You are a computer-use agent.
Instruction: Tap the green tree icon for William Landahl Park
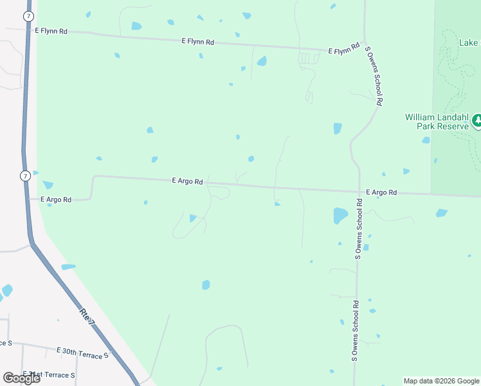point(477,121)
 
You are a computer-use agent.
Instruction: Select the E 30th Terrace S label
point(83,352)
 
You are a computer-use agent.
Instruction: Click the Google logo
point(21,378)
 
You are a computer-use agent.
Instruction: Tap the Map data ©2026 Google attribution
point(441,381)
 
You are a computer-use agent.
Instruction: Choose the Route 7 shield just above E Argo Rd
point(24,176)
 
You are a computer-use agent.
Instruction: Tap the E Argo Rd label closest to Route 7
point(55,200)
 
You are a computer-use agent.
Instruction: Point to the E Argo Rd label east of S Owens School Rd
point(381,192)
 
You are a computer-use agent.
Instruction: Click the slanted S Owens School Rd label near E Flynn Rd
point(374,75)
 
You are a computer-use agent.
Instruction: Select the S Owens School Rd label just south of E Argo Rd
point(359,228)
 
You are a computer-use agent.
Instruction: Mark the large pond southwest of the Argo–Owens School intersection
point(340,216)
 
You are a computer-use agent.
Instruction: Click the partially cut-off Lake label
point(469,42)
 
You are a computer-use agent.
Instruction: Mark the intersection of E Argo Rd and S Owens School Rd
point(359,191)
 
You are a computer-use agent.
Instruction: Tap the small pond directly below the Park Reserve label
point(426,140)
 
